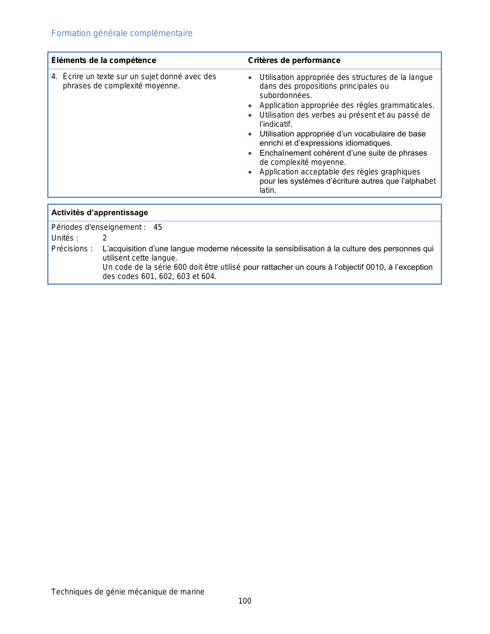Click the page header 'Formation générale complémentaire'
122,33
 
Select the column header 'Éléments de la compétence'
104,60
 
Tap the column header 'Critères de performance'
294,60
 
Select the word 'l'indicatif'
275,124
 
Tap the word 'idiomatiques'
370,143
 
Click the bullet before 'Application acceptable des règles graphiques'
250,172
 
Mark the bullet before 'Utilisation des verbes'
250,115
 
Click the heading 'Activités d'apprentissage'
100,212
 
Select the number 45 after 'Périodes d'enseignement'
158,227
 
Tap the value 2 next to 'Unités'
105,238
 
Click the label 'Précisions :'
72,249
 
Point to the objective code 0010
375,267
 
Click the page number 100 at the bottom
245,601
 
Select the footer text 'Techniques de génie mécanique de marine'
128,592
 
